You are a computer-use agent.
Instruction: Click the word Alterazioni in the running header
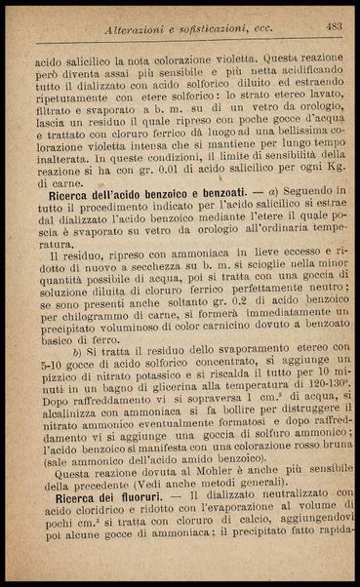point(144,30)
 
